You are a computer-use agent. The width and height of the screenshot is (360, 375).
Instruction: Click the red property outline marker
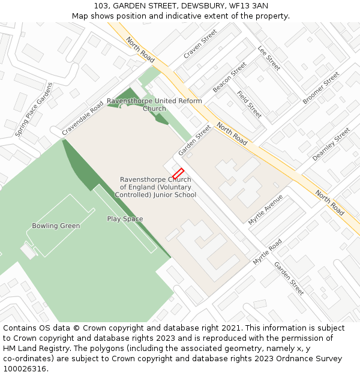click(178, 173)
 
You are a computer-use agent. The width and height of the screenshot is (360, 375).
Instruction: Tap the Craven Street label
click(200, 44)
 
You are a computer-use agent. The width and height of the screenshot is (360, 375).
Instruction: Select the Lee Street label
click(269, 58)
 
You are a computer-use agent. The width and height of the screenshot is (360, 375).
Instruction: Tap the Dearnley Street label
click(331, 145)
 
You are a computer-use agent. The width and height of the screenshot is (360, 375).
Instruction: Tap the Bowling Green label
click(56, 226)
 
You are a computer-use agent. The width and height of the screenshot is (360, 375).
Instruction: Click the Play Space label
click(125, 219)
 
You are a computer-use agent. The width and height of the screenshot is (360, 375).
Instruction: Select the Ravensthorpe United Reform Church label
click(154, 104)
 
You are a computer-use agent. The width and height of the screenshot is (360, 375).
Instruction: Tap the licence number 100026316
click(24, 369)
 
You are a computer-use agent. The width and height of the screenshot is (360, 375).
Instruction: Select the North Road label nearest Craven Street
click(140, 49)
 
